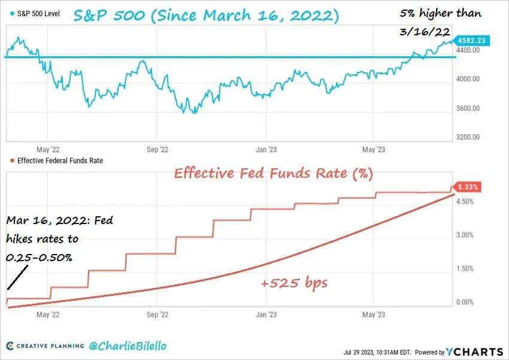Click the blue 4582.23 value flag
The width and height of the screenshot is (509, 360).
point(472,41)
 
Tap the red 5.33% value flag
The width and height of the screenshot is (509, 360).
point(467,187)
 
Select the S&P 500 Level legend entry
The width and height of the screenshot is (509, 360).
point(35,14)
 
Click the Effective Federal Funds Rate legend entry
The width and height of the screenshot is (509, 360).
point(56,161)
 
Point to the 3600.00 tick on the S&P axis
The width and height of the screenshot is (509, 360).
point(468,108)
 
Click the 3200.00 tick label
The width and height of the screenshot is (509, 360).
point(468,137)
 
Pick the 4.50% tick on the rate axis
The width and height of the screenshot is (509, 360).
point(465,202)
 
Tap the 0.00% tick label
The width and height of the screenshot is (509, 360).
point(465,302)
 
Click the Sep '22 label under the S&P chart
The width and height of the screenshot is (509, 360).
point(157,150)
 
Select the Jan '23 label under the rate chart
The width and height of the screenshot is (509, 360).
point(266,314)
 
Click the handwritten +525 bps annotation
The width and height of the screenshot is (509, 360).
point(294,283)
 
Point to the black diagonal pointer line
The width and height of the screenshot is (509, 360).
point(17,277)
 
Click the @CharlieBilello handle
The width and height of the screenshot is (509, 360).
point(128,346)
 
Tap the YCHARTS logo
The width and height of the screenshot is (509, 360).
point(474,352)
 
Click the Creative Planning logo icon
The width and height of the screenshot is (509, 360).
point(10,346)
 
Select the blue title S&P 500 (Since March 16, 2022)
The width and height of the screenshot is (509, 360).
point(206,16)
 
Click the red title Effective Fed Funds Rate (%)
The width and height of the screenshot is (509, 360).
point(273,173)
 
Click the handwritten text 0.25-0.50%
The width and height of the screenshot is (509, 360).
point(39,258)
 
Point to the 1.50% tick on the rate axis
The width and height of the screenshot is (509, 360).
point(465,269)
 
